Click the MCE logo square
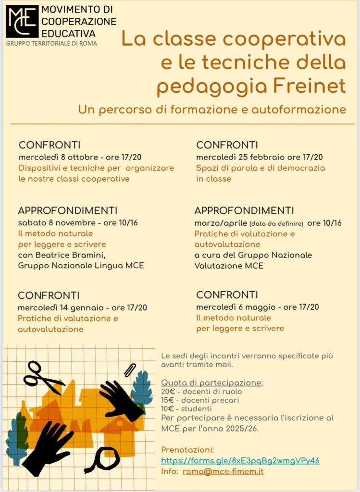click(22, 21)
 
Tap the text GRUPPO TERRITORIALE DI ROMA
click(51, 43)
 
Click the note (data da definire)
click(276, 223)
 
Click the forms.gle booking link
click(240, 460)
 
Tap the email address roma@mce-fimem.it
click(223, 472)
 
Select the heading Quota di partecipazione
click(212, 382)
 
